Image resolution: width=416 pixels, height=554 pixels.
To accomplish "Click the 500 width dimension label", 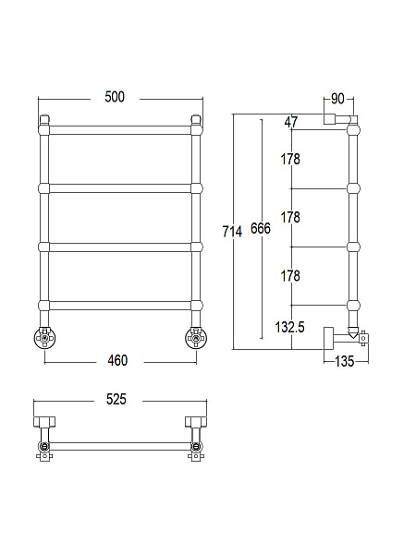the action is pos(115,97).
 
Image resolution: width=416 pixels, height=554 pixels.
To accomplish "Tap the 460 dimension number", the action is pos(117,361).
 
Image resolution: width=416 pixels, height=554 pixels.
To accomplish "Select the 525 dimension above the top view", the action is pos(116,399).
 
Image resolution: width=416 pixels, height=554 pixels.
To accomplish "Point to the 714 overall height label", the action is pos(232,232).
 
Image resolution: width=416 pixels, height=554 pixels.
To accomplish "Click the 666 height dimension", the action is pos(261,228).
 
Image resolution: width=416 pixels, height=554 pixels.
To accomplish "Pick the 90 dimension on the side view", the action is pos(337,99).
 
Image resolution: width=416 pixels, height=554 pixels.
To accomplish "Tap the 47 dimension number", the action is pos(291,122).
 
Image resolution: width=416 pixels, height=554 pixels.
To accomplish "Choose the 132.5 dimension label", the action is pos(289,327).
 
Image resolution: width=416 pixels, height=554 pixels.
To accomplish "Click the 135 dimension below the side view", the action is pos(345,361).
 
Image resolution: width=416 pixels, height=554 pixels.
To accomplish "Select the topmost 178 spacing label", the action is pos(290,160).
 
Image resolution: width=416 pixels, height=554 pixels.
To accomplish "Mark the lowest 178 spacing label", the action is pos(290,276).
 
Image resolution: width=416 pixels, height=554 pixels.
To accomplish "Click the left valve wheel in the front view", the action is pos(45,339).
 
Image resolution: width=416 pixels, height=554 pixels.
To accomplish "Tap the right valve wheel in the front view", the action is pos(196,339).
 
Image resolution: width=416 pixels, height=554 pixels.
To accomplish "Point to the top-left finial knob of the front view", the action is pos(44,119).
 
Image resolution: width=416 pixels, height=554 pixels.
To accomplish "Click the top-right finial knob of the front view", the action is pos(196,119).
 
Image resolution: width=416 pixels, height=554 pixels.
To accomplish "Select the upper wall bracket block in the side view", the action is pos(330,119).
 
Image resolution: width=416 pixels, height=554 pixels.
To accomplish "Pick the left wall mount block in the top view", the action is pos(44,422).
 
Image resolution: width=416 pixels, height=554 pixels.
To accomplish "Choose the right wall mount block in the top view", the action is pos(196,422).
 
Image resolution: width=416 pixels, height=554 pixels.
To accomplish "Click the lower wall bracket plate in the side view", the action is pos(328,338).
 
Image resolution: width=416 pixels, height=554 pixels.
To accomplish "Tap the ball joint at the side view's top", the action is pos(353,129).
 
